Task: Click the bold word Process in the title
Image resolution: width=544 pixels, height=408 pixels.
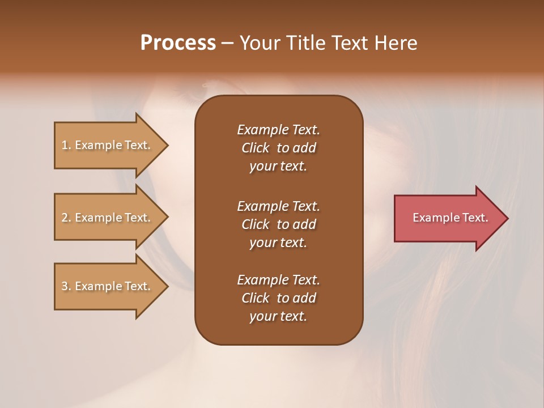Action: [x=178, y=43]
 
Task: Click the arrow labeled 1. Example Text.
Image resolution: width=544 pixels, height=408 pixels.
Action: [x=108, y=145]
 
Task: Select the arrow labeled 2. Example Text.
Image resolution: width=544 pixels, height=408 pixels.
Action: [x=108, y=218]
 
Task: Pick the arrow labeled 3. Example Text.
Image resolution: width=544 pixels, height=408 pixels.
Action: [x=108, y=286]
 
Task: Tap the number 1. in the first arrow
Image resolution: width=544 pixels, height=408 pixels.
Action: [x=66, y=145]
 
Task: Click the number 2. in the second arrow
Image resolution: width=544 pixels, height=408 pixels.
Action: [x=66, y=218]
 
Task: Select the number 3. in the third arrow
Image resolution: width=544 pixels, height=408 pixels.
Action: [x=66, y=286]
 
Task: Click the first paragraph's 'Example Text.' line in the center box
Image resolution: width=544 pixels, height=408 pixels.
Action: [x=278, y=130]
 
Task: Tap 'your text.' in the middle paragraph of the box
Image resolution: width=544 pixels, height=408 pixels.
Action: [x=278, y=243]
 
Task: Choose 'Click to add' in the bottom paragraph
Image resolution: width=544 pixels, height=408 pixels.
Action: [x=278, y=298]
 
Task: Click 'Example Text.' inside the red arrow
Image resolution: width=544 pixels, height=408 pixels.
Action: [x=450, y=218]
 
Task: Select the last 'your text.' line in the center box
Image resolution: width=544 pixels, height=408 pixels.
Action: [x=278, y=317]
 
